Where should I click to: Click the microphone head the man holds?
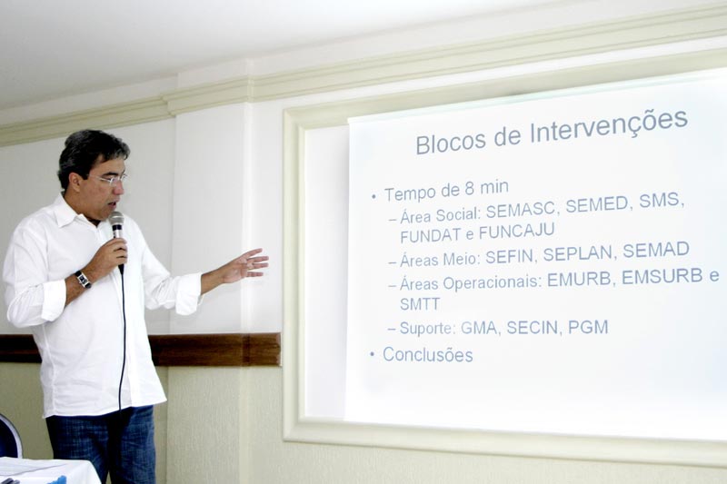coord(116,221)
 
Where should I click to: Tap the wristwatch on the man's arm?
coord(83,280)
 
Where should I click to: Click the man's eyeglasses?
coord(111,179)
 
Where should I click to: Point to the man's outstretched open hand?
coord(244,265)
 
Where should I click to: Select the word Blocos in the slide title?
coord(450,143)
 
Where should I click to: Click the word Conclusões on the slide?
coord(427,355)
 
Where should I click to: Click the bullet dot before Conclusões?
coord(372,354)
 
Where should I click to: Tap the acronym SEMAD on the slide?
coord(656,250)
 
